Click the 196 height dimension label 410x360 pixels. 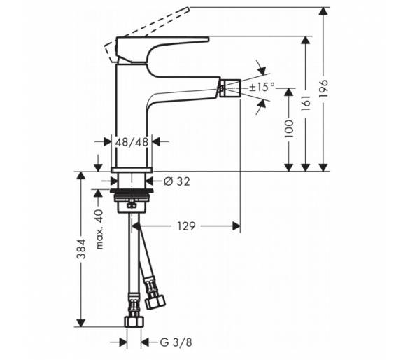click(323, 88)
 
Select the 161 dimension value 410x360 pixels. click(306, 103)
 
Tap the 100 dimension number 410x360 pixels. click(289, 129)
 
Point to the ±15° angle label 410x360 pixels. click(262, 87)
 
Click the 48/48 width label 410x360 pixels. click(132, 142)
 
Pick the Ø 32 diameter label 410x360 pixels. click(177, 181)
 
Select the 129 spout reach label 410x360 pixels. click(186, 226)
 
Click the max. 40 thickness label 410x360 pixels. click(99, 229)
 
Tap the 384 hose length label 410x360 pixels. click(81, 249)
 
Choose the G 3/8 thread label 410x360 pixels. click(176, 342)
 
